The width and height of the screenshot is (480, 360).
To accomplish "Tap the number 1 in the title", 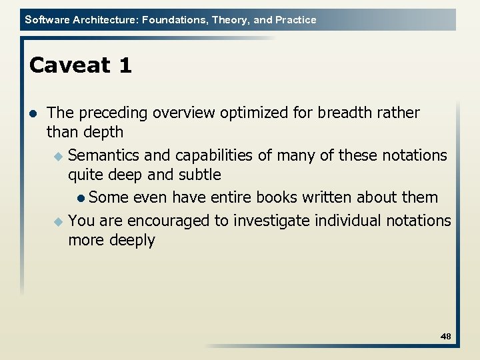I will (x=125, y=65).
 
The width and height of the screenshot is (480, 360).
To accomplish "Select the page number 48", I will (x=446, y=337).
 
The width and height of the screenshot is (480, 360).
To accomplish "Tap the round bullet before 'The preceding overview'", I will (x=33, y=113).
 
